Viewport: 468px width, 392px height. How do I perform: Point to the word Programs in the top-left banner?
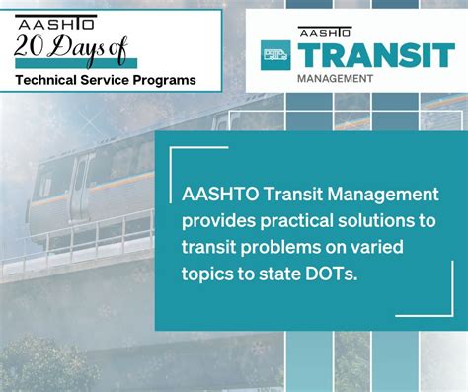click(163, 78)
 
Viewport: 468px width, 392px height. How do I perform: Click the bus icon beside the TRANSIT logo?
click(276, 54)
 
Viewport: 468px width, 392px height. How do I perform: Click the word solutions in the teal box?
click(348, 218)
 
